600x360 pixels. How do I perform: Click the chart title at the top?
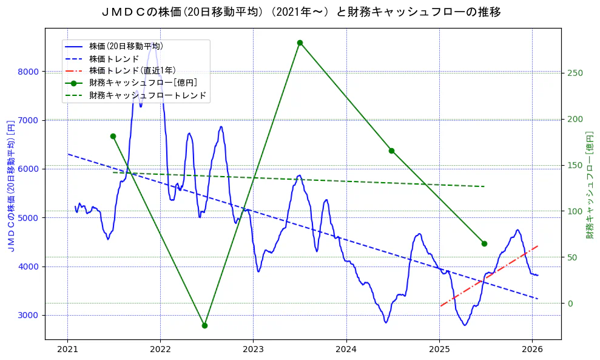(300, 12)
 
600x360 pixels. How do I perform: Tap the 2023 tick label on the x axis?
(253, 350)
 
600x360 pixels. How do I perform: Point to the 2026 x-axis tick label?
(532, 350)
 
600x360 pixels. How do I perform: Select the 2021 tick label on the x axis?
(67, 350)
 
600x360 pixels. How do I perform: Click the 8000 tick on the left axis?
(29, 72)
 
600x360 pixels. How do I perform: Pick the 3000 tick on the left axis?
(29, 315)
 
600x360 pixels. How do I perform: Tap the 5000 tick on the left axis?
(29, 217)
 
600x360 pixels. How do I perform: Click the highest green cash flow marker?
(300, 42)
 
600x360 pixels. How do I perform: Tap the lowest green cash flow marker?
(204, 325)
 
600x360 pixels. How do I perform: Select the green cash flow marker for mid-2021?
(113, 136)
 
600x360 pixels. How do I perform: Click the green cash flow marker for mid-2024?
(391, 151)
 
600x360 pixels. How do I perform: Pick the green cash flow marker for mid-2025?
(484, 243)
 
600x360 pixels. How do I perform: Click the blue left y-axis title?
(10, 185)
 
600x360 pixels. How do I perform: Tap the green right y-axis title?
(589, 185)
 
